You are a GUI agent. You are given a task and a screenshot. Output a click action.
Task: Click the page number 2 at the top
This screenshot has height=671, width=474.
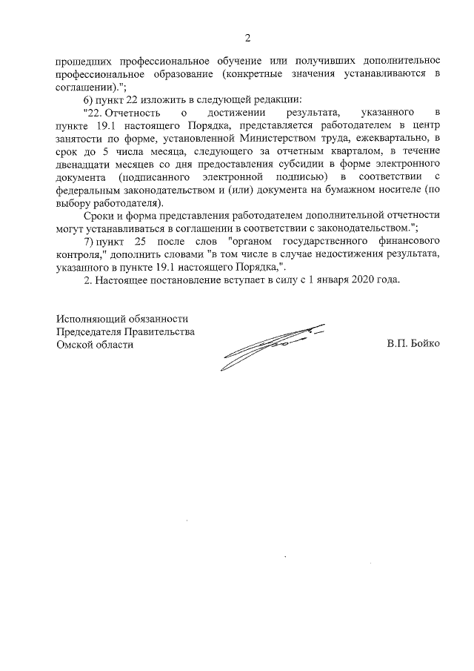click(248, 38)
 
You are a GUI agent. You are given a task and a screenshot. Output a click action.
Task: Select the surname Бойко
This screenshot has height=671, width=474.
click(425, 345)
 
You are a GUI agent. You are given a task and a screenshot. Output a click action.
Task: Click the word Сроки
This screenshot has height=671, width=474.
click(97, 216)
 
